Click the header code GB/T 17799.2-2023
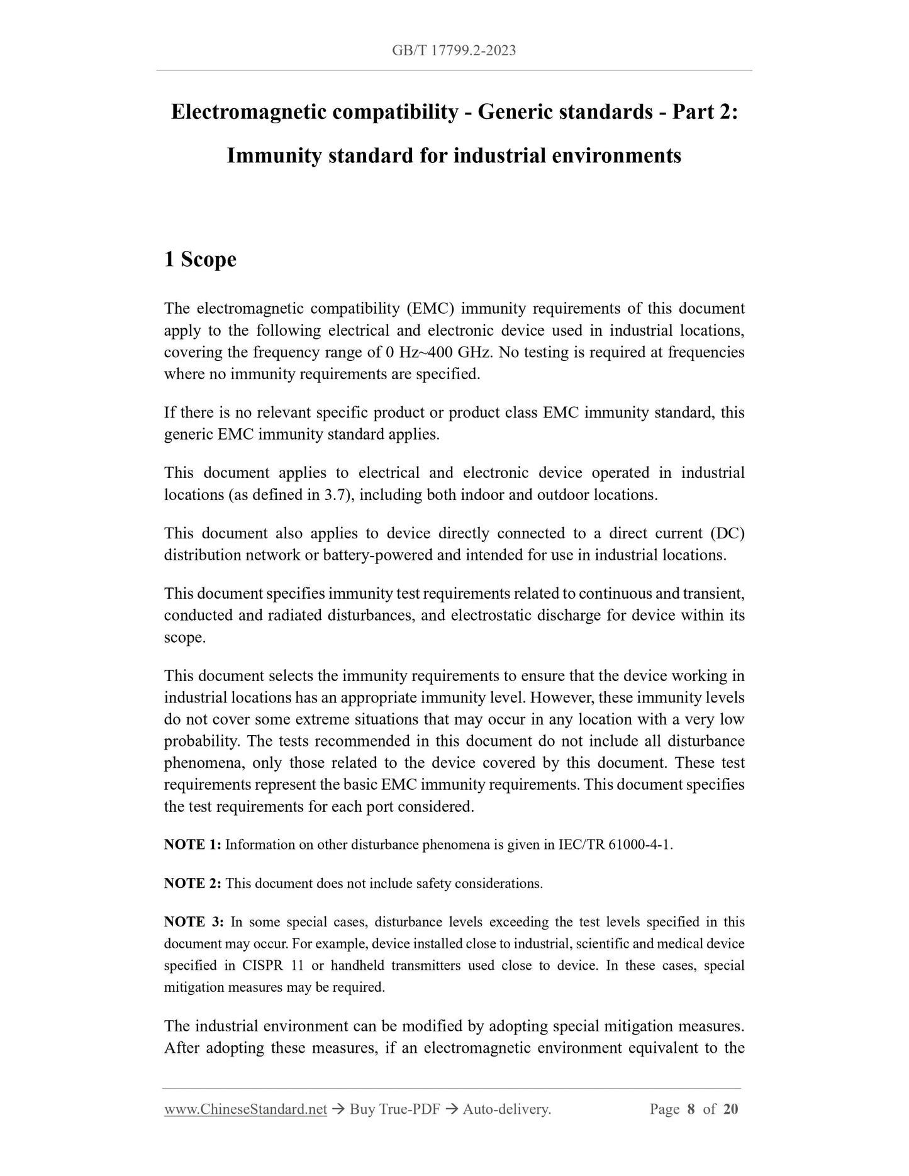tap(454, 51)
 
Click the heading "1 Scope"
tap(200, 259)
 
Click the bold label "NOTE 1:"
tap(192, 845)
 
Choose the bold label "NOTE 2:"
tap(192, 884)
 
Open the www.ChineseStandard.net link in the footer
tap(245, 1109)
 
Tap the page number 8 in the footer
tap(691, 1109)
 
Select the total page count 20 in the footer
tap(731, 1109)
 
